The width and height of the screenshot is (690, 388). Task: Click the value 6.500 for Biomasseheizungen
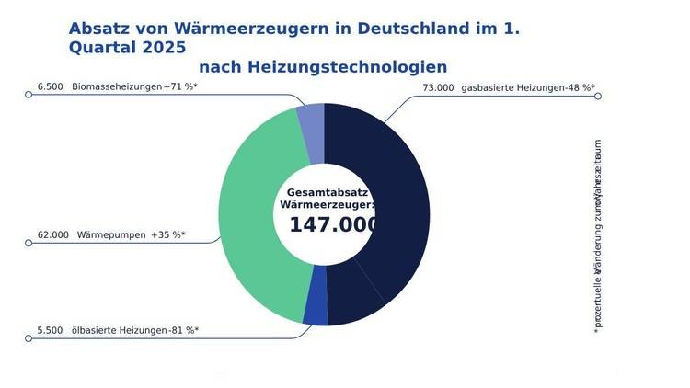[x=50, y=86]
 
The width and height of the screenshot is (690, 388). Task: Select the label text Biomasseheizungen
[x=116, y=86]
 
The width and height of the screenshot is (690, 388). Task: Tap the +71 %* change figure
[x=180, y=86]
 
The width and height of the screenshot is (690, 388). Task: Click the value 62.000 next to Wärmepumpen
[x=52, y=234]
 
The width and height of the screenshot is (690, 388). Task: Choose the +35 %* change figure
[x=168, y=234]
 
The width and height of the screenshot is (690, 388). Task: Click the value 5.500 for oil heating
[x=50, y=330]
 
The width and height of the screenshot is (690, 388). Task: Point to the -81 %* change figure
[x=183, y=330]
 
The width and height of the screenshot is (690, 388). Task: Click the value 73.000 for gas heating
[x=438, y=87]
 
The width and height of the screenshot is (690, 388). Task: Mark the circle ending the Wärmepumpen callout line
[x=29, y=243]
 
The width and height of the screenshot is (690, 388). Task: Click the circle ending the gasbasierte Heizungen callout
[x=598, y=96]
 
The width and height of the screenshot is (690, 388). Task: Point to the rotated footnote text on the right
[x=598, y=234]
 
